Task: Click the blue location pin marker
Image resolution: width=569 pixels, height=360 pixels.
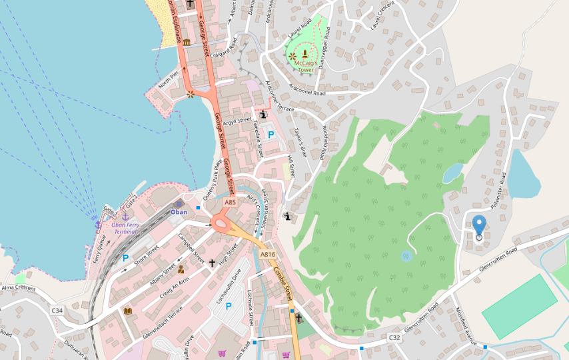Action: click(478, 227)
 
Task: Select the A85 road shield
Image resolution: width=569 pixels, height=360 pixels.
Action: click(231, 202)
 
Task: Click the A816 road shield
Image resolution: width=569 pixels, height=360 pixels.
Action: click(268, 254)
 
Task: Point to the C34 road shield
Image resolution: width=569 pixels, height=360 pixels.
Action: click(57, 310)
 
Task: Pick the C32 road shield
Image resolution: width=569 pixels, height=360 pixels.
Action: click(395, 338)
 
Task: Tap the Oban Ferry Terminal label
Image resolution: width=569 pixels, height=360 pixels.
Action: click(128, 228)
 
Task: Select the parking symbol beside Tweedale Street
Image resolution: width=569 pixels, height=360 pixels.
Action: click(271, 135)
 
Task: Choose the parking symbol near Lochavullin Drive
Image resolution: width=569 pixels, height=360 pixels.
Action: click(229, 306)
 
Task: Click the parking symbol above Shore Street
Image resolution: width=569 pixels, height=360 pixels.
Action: click(125, 258)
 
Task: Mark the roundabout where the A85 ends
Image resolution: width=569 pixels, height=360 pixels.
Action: click(221, 223)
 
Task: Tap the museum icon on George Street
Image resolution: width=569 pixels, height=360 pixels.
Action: click(187, 43)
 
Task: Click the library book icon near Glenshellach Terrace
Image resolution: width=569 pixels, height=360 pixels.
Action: click(127, 311)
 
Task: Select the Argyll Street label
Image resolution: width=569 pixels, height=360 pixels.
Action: click(238, 121)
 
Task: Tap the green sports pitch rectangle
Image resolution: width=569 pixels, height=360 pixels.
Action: click(519, 307)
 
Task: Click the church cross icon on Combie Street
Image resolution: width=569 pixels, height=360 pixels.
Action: click(298, 318)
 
